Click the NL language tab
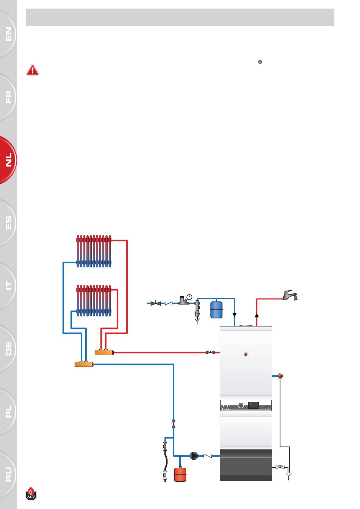[x=8, y=160]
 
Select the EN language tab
[x=8, y=34]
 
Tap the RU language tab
[x=8, y=473]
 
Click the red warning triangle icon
[x=33, y=70]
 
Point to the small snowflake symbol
[x=260, y=62]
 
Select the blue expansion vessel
[x=216, y=309]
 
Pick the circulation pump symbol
[x=194, y=456]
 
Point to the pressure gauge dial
[x=189, y=297]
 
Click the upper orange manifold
[x=104, y=353]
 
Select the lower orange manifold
[x=84, y=364]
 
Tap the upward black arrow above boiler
[x=257, y=315]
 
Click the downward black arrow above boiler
[x=234, y=315]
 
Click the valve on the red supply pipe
[x=210, y=352]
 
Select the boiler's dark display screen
[x=253, y=405]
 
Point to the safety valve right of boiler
[x=280, y=376]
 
